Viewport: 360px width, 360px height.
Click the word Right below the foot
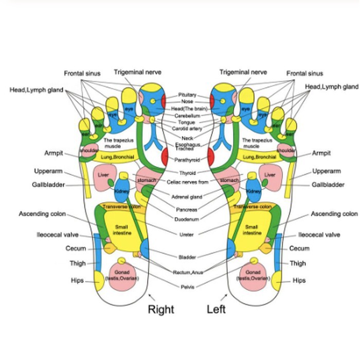(x=161, y=310)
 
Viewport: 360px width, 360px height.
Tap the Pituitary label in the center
(x=187, y=95)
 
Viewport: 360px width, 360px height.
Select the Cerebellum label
(x=187, y=116)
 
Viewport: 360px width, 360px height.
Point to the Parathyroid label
(x=187, y=160)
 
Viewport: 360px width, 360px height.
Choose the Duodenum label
(x=187, y=219)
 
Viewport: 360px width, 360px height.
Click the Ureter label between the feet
(x=187, y=235)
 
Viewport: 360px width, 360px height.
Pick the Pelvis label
(x=187, y=286)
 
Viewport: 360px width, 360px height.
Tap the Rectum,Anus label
(x=187, y=272)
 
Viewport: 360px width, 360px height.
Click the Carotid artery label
(x=187, y=129)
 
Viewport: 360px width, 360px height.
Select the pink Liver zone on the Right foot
(x=103, y=175)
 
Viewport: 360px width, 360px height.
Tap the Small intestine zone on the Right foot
(x=122, y=230)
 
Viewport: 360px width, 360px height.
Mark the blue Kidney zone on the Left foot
(x=253, y=189)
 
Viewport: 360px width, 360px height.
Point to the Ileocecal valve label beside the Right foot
(x=57, y=235)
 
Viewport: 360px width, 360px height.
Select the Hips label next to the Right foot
(x=77, y=280)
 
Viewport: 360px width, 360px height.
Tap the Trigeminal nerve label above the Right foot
(x=137, y=73)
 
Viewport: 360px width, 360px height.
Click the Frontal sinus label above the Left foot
(x=305, y=74)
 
